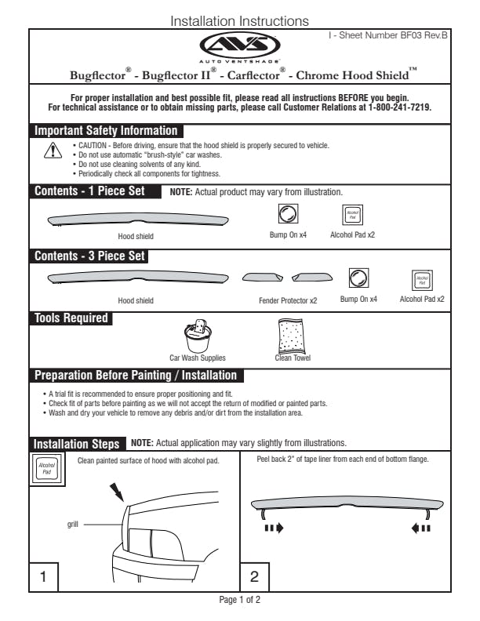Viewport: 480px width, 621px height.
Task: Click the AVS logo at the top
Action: click(238, 45)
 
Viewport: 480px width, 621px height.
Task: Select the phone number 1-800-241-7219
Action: click(397, 107)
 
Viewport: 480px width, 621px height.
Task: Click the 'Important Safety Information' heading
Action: click(106, 131)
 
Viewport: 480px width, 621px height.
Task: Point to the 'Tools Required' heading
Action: click(71, 318)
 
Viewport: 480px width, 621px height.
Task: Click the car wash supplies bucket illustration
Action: click(197, 337)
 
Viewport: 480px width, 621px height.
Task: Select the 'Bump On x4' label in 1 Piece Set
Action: click(288, 234)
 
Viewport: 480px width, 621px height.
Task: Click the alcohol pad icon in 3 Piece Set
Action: click(422, 280)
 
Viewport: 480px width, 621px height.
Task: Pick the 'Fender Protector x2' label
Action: click(288, 300)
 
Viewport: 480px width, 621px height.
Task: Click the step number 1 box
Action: click(44, 576)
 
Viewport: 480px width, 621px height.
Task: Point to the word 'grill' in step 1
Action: click(73, 523)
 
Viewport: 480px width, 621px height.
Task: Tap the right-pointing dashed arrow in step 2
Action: click(273, 528)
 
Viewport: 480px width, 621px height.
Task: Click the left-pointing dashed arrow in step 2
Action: click(420, 528)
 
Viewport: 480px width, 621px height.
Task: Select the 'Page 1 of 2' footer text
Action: click(239, 599)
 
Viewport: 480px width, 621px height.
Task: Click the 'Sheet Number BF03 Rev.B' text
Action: click(387, 36)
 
